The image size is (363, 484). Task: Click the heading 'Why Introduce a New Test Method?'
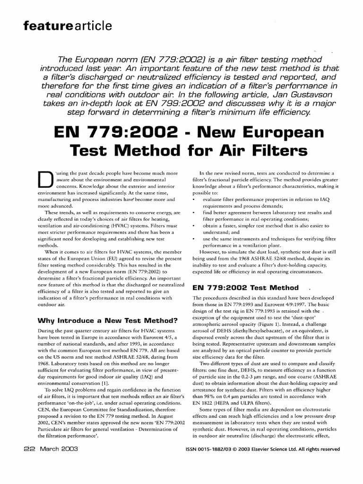click(107, 321)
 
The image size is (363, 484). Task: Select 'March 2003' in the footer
click(59, 448)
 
